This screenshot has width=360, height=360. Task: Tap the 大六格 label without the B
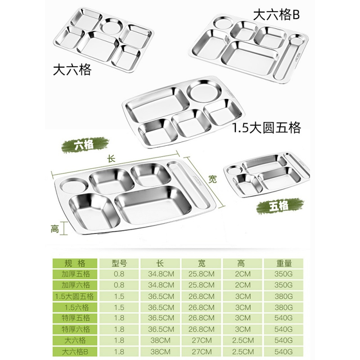pos(72,70)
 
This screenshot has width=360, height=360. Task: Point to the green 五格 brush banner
pos(279,207)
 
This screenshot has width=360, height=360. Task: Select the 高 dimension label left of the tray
pos(54,229)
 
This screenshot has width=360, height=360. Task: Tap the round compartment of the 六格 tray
pos(72,185)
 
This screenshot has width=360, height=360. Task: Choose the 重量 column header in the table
pos(284,263)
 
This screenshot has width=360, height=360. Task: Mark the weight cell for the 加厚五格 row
pos(284,274)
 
